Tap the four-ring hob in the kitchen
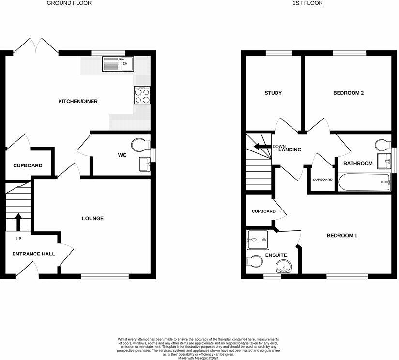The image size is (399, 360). pyautogui.click(x=142, y=95)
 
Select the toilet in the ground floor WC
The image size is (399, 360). pyautogui.click(x=141, y=145)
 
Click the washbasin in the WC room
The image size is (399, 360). pyautogui.click(x=144, y=165)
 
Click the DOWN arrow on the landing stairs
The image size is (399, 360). pyautogui.click(x=263, y=147)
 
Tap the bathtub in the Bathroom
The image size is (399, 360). pyautogui.click(x=364, y=183)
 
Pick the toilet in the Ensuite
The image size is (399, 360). pyautogui.click(x=254, y=261)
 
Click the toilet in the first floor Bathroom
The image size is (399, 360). pyautogui.click(x=383, y=145)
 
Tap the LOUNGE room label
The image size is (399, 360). pyautogui.click(x=92, y=219)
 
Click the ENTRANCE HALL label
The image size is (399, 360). pyautogui.click(x=33, y=254)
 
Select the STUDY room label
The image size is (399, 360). pyautogui.click(x=273, y=93)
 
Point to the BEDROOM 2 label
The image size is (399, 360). pyautogui.click(x=348, y=93)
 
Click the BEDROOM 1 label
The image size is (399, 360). pyautogui.click(x=342, y=236)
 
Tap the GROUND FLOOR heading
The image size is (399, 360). pyautogui.click(x=69, y=3)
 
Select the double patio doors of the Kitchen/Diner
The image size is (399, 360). pyautogui.click(x=36, y=46)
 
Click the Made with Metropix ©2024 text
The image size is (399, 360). pyautogui.click(x=199, y=358)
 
